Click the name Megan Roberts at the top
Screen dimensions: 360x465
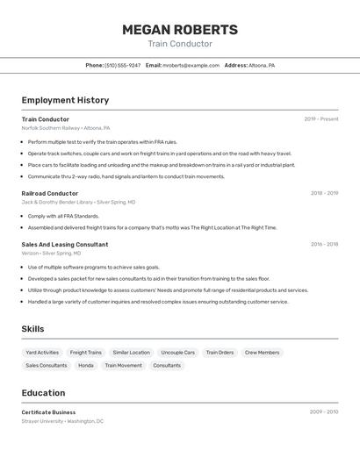[x=180, y=29]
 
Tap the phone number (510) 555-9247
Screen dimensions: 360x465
[x=122, y=65]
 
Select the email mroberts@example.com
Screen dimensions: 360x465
[x=191, y=65]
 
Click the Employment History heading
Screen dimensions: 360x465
[x=65, y=100]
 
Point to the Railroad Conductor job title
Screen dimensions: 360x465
[x=50, y=193]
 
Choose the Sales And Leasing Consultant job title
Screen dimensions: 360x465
[x=65, y=245]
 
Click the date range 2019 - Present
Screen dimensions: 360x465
[x=321, y=119]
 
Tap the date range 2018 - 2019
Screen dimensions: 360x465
[x=324, y=193]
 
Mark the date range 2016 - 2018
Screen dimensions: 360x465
[x=324, y=245]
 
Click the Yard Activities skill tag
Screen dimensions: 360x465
[x=42, y=352]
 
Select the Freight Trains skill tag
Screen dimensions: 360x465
[x=86, y=352]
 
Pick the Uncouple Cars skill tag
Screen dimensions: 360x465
[x=178, y=352]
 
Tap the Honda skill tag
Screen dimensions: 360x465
[x=86, y=365]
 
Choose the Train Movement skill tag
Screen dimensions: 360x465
[x=123, y=365]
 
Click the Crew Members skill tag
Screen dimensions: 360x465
[x=262, y=352]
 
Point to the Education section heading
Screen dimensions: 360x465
[x=44, y=393]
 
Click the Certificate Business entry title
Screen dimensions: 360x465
[x=49, y=411]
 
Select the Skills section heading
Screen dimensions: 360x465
[x=33, y=329]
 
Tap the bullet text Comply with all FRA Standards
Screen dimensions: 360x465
[x=63, y=216]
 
